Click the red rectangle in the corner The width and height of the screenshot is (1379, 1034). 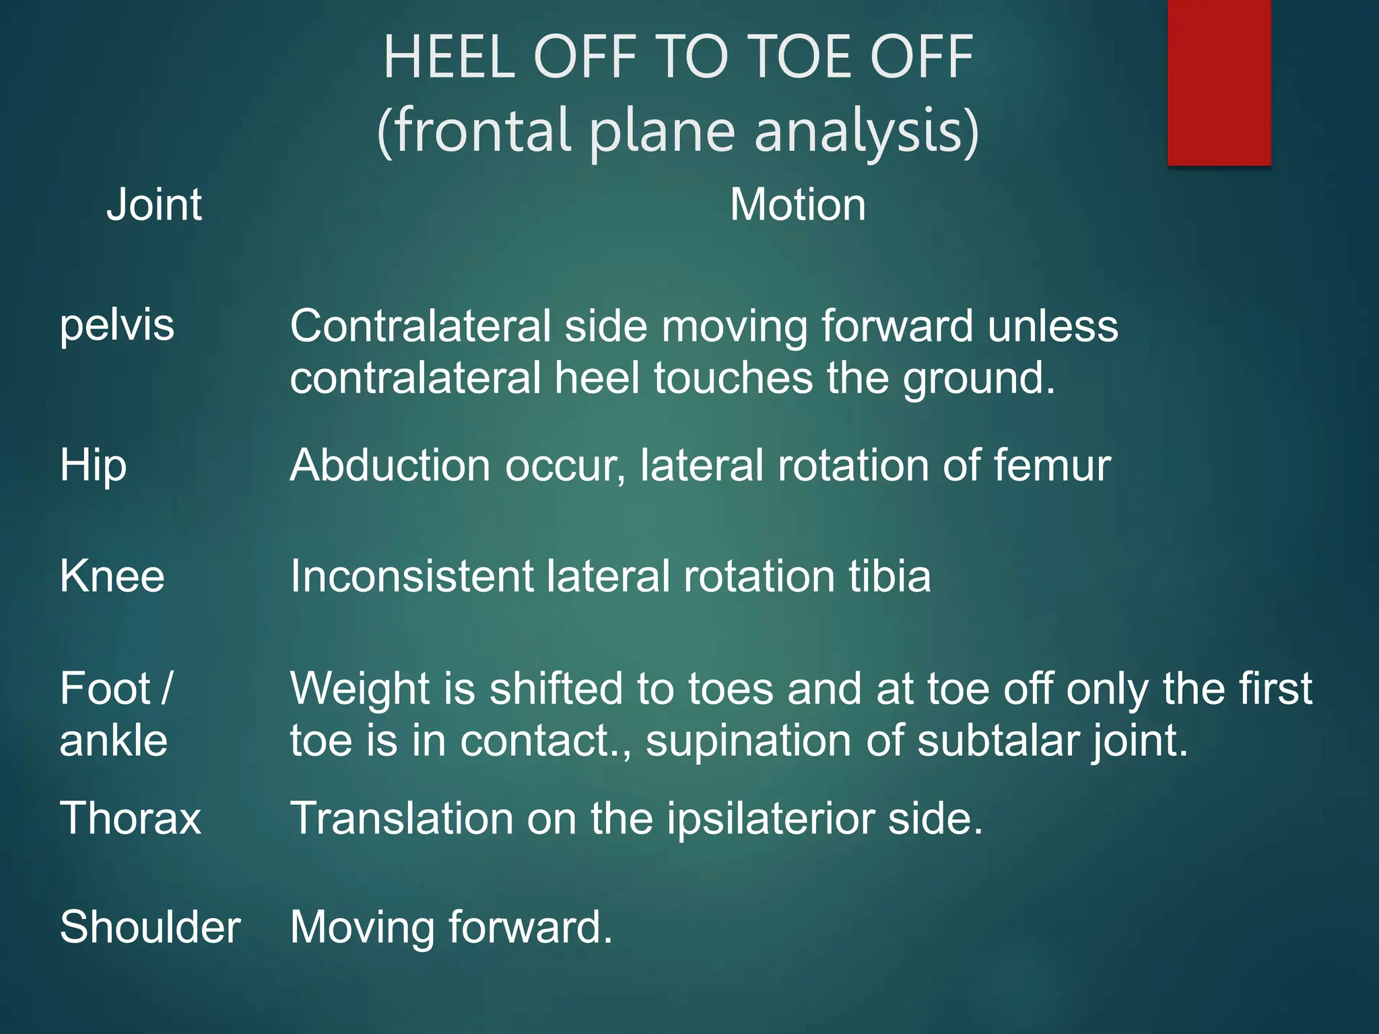click(x=1219, y=82)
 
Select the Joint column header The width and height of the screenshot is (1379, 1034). click(x=154, y=205)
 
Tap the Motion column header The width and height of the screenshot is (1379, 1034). click(x=798, y=205)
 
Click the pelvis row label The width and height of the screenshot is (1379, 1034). click(x=117, y=326)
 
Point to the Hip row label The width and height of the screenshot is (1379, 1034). click(x=93, y=466)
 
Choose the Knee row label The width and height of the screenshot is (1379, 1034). click(x=112, y=577)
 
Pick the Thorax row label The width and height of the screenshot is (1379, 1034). click(x=131, y=819)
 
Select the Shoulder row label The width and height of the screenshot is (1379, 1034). click(x=150, y=927)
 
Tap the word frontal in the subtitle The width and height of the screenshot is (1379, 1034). click(x=482, y=131)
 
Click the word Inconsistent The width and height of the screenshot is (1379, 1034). click(x=411, y=577)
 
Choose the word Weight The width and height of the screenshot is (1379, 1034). click(x=360, y=689)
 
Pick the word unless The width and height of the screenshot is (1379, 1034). click(x=1053, y=326)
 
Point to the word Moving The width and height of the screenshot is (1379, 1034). click(x=362, y=928)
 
